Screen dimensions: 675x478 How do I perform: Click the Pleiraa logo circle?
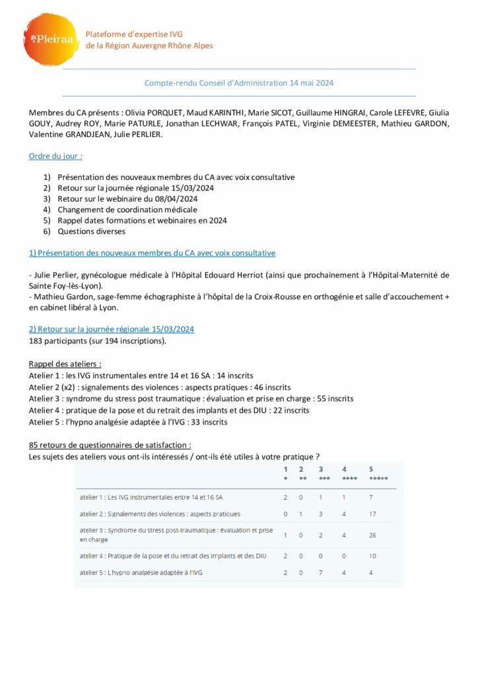pyautogui.click(x=51, y=40)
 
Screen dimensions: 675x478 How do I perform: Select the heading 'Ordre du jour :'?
pyautogui.click(x=55, y=156)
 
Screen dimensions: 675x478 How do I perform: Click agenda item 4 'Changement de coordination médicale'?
pyautogui.click(x=127, y=210)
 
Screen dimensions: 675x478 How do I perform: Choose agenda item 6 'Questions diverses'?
pyautogui.click(x=91, y=231)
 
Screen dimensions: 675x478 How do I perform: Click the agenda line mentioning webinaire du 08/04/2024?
pyautogui.click(x=137, y=198)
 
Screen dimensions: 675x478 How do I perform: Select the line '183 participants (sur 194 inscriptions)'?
pyautogui.click(x=98, y=340)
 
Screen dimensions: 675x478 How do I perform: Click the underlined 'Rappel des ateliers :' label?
pyautogui.click(x=65, y=364)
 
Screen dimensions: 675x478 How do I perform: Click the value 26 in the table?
pyautogui.click(x=374, y=535)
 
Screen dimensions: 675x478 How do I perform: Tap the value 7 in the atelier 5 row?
pyautogui.click(x=320, y=572)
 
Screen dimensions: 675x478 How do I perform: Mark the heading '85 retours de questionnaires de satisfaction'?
pyautogui.click(x=110, y=446)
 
